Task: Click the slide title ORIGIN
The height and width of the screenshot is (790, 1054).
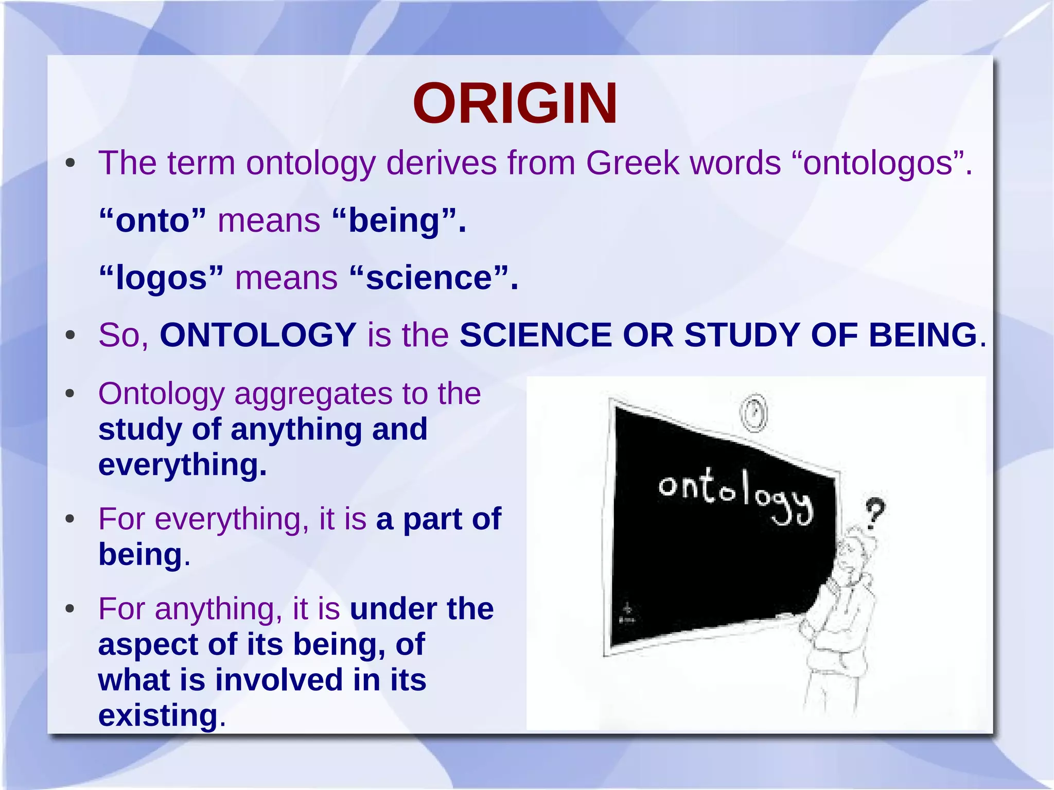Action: click(515, 104)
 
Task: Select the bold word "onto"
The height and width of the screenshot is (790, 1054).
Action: click(152, 221)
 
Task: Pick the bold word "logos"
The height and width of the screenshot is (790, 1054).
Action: click(161, 278)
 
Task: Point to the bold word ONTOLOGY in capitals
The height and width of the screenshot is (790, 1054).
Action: click(258, 336)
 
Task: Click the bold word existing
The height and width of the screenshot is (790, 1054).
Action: click(158, 715)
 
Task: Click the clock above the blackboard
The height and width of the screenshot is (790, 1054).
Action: click(753, 413)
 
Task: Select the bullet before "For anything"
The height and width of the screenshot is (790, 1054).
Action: click(71, 609)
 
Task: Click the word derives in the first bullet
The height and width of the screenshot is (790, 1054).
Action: click(441, 164)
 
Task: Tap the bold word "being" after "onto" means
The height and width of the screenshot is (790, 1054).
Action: click(394, 221)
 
